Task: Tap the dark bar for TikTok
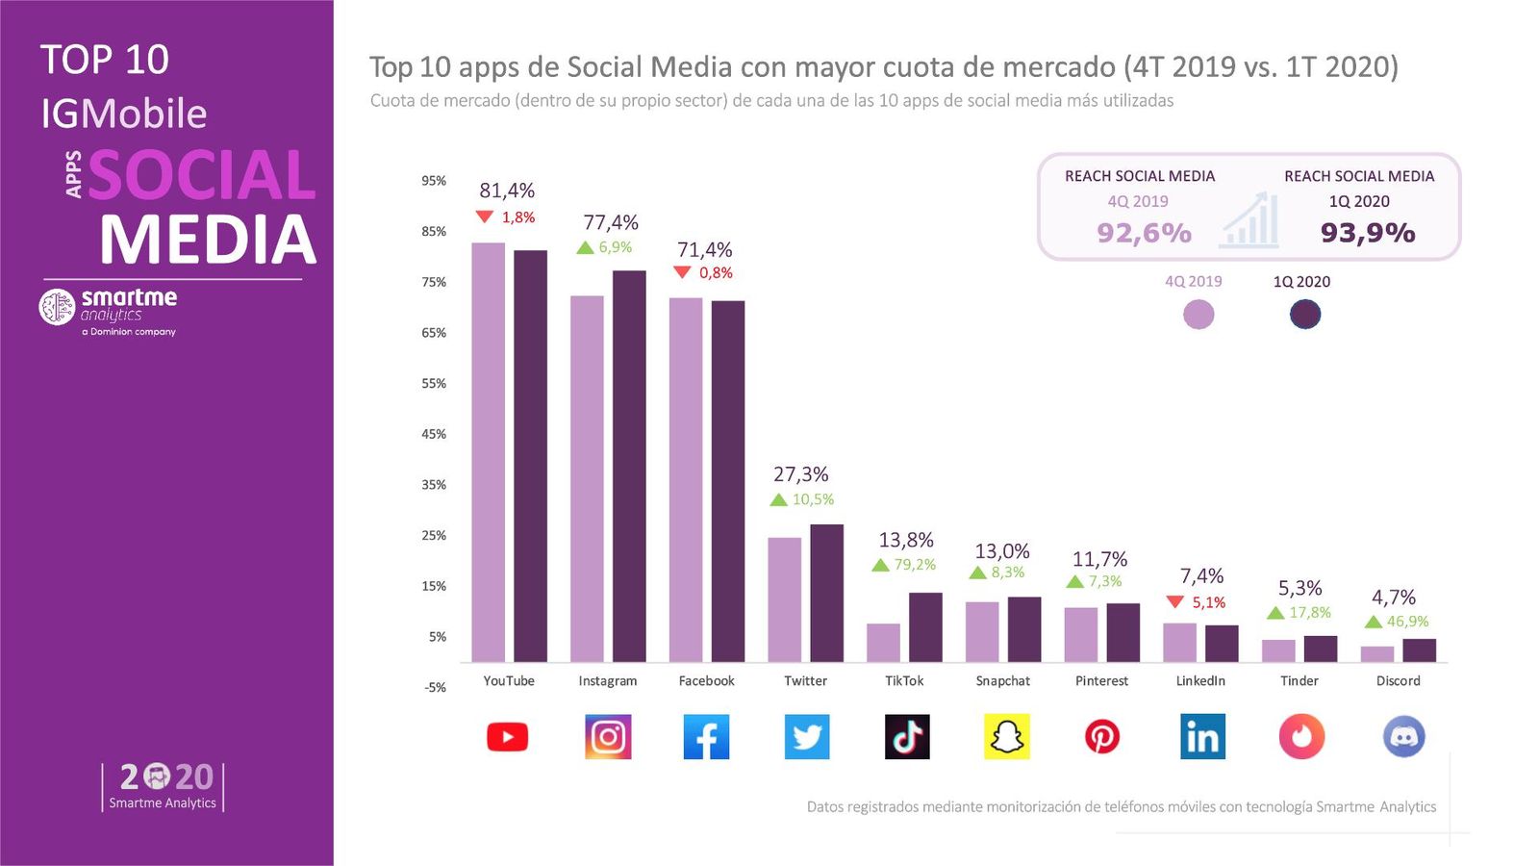(x=925, y=626)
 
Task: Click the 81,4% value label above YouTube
(x=507, y=191)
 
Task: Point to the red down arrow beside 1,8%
(x=485, y=216)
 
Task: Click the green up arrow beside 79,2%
(x=880, y=565)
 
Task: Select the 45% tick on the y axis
(x=434, y=434)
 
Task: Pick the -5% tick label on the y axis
(x=435, y=687)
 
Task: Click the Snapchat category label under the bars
(x=1002, y=680)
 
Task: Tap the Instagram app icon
(x=608, y=737)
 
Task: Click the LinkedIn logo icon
(x=1202, y=737)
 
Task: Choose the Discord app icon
(x=1403, y=737)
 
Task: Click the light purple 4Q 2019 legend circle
(x=1198, y=314)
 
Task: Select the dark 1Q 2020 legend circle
(x=1304, y=314)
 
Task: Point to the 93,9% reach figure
(x=1367, y=233)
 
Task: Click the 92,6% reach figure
(x=1144, y=233)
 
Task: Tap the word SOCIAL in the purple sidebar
(x=202, y=175)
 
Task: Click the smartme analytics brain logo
(x=57, y=306)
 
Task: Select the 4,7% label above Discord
(x=1393, y=598)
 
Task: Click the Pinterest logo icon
(x=1101, y=737)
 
